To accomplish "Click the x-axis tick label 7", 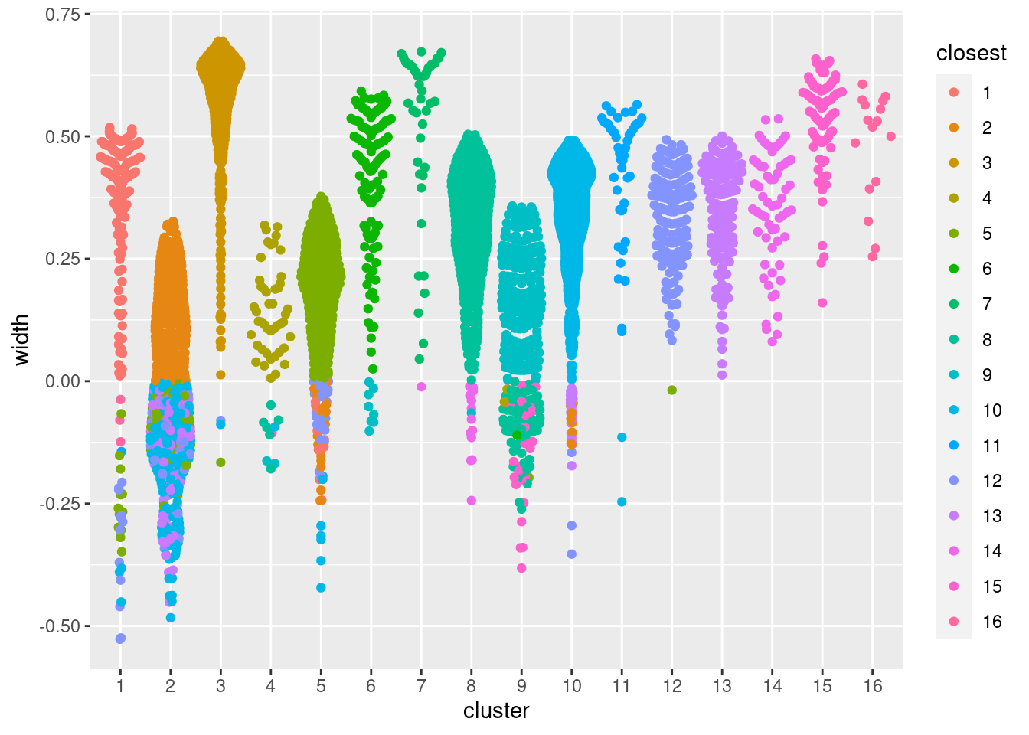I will (421, 686).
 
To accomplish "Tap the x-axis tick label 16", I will (873, 686).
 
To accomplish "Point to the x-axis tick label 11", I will (622, 686).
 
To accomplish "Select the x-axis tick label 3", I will (220, 686).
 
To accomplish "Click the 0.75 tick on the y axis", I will (63, 15).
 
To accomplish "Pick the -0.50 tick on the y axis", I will (61, 626).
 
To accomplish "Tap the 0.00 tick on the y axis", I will (63, 381).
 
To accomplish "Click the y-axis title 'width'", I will (21, 340).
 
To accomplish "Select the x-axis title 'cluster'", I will (496, 710).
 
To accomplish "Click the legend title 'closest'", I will (972, 53).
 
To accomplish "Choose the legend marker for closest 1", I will (954, 93).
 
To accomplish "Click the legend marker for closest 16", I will (954, 622).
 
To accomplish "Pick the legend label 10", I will (992, 410).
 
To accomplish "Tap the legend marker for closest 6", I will (954, 269).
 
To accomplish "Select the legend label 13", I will (992, 516).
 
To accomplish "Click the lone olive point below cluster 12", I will (672, 390).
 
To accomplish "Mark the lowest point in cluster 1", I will (120, 639).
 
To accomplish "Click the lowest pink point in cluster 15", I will (822, 303).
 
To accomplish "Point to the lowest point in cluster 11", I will (622, 502).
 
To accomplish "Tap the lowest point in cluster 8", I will (472, 501).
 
